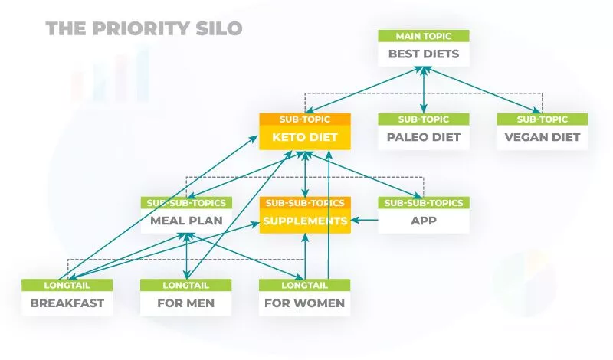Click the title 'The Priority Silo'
[144, 29]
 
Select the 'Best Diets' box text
[424, 54]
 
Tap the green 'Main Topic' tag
[424, 36]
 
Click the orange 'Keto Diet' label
[305, 138]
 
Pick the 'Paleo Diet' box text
[424, 138]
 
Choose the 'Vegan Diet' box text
[543, 138]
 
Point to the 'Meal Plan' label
[186, 221]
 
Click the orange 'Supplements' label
[305, 221]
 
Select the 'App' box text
[424, 221]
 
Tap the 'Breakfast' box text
[67, 303]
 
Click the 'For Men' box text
[186, 303]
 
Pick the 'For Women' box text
[305, 303]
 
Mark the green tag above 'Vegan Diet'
[543, 119]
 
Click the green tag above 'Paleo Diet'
[424, 119]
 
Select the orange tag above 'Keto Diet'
[305, 119]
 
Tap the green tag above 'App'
[424, 203]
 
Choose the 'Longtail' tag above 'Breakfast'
[67, 285]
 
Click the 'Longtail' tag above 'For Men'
[186, 285]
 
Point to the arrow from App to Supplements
[365, 221]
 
